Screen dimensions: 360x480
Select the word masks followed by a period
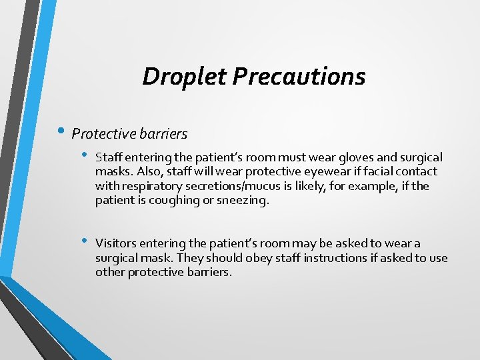pos(113,172)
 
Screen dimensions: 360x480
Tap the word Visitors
pos(117,244)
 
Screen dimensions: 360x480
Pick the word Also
pos(147,172)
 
